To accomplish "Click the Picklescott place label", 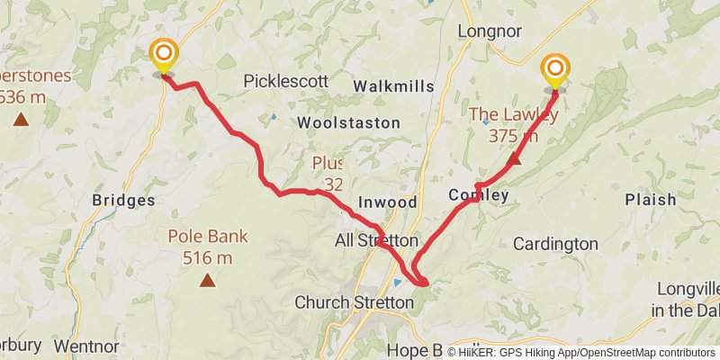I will [x=286, y=81].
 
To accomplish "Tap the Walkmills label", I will [x=393, y=86].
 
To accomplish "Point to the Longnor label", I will [x=490, y=31].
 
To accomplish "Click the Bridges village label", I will [x=123, y=201].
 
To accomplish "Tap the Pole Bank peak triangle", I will [x=207, y=280].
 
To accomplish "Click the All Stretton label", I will [x=376, y=241].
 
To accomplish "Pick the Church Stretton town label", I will [x=354, y=302].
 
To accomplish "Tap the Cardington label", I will [x=555, y=243].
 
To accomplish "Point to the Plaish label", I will [x=650, y=200].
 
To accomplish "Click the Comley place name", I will [x=479, y=195].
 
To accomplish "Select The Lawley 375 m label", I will [x=514, y=125].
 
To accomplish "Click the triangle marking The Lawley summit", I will [x=513, y=160].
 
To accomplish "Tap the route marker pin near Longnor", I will [x=555, y=70].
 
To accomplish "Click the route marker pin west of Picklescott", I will [x=163, y=56].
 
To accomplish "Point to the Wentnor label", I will [x=86, y=345].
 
